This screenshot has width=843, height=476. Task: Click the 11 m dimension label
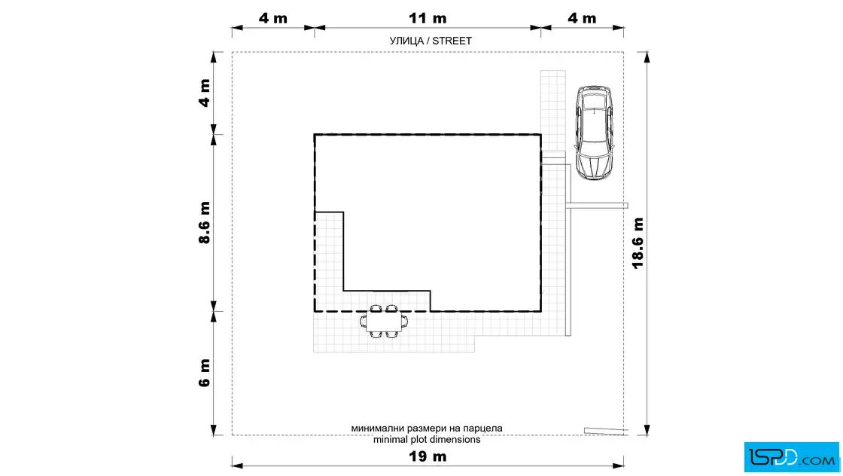click(x=428, y=18)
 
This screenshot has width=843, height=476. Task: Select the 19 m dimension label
click(x=428, y=456)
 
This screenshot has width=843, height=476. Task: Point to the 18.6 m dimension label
click(x=638, y=243)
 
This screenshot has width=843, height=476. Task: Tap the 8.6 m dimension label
click(x=204, y=223)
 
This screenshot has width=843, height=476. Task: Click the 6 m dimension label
click(x=204, y=373)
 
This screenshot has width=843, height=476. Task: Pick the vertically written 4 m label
click(x=204, y=93)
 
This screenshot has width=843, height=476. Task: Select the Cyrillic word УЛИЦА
click(x=406, y=41)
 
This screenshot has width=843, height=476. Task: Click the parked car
click(x=595, y=133)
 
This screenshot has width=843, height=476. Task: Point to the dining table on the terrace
click(x=385, y=322)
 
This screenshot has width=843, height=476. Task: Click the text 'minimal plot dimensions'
click(x=426, y=439)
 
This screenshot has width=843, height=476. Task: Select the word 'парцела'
click(x=483, y=428)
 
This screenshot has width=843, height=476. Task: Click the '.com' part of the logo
click(x=819, y=459)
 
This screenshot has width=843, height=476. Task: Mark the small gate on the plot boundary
click(x=606, y=431)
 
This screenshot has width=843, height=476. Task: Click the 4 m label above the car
click(x=583, y=18)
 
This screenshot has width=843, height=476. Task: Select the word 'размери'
click(x=425, y=428)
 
